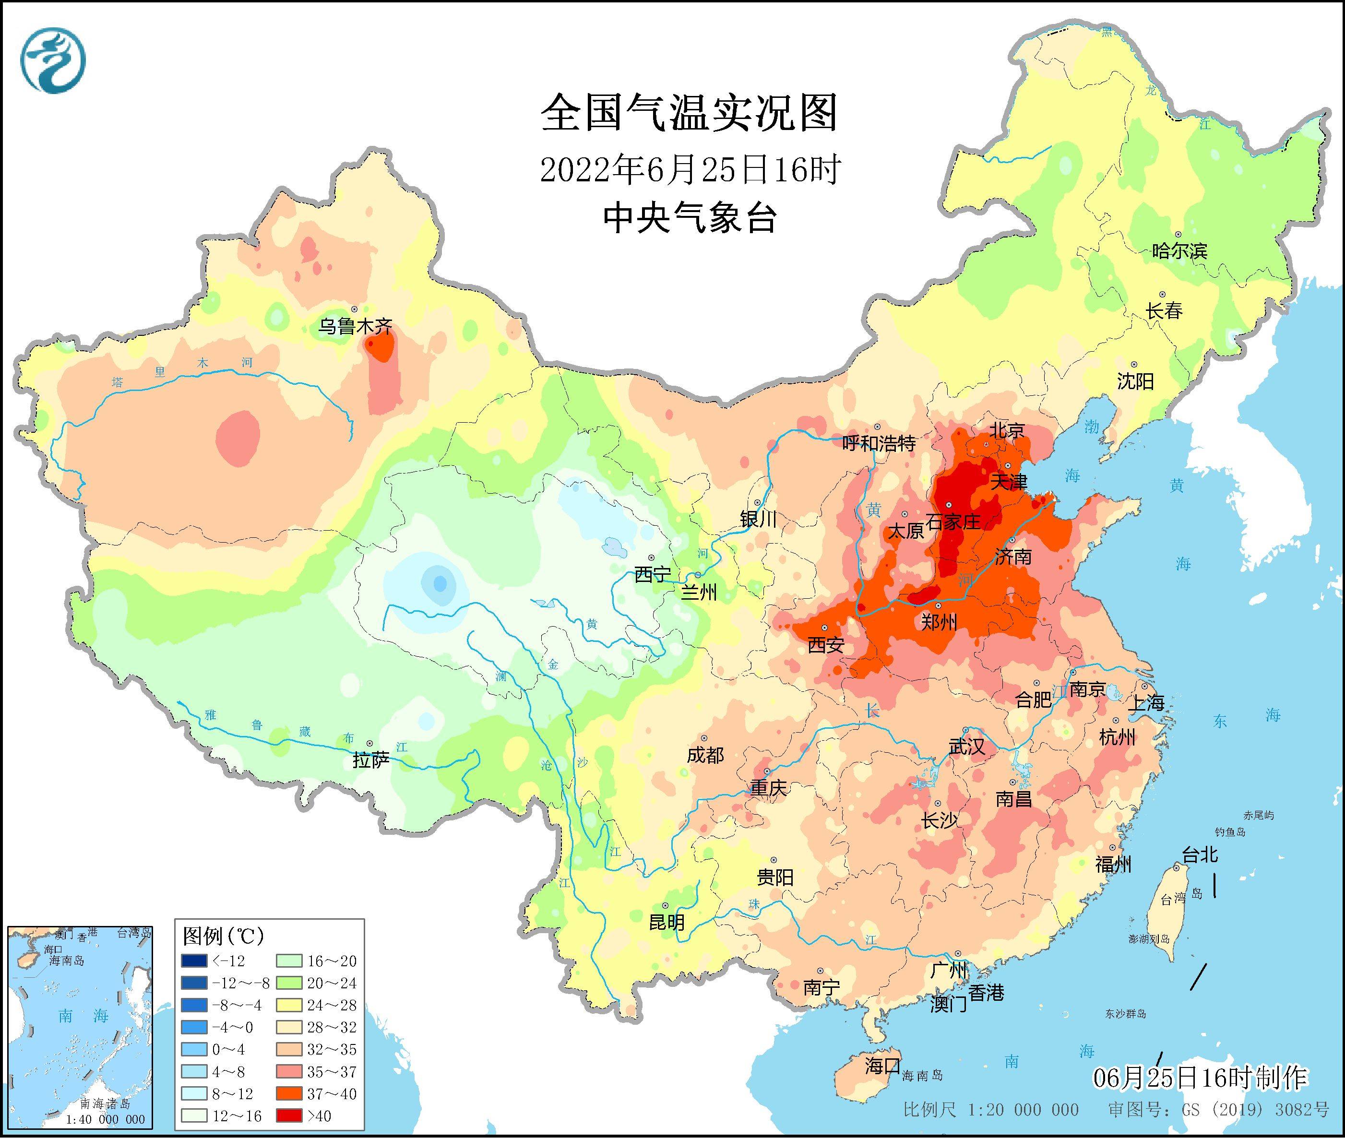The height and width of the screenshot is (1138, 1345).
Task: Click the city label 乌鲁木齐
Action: pos(355,326)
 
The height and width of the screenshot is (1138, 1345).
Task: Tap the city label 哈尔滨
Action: pos(1179,250)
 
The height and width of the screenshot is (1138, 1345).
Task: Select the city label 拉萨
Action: pos(371,760)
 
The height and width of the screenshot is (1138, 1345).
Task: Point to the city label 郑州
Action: pos(939,622)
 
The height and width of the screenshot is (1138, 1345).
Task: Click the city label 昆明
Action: pos(667,922)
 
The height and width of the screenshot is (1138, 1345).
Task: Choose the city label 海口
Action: pos(882,1065)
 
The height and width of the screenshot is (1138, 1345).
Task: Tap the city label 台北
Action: pos(1200,855)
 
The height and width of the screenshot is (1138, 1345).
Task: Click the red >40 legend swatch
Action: pos(289,1115)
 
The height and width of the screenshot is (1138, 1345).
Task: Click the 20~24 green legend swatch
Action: pos(289,983)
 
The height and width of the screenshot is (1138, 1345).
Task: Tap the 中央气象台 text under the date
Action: pos(690,218)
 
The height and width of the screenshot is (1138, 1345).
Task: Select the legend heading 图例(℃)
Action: pos(223,936)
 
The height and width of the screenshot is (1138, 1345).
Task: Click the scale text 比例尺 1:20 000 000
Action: pos(991,1110)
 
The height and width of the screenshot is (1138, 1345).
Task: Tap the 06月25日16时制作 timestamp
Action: pos(1200,1078)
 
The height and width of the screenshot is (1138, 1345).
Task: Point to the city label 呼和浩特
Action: pos(879,443)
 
